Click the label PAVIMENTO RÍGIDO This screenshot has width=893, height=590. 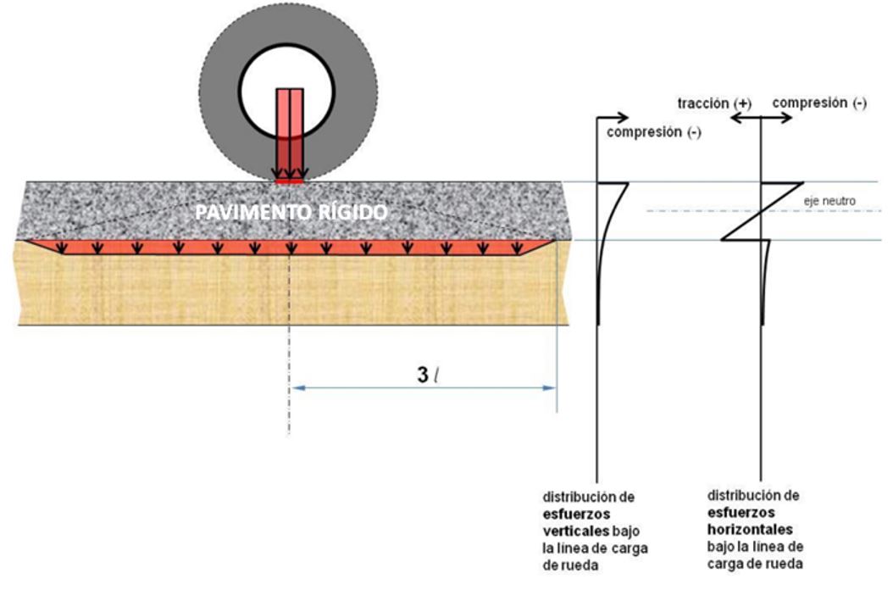pyautogui.click(x=291, y=213)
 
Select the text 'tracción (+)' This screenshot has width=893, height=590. pyautogui.click(x=714, y=103)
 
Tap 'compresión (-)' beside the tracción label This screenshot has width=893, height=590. pyautogui.click(x=819, y=103)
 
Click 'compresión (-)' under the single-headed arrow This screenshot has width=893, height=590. pyautogui.click(x=653, y=132)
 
